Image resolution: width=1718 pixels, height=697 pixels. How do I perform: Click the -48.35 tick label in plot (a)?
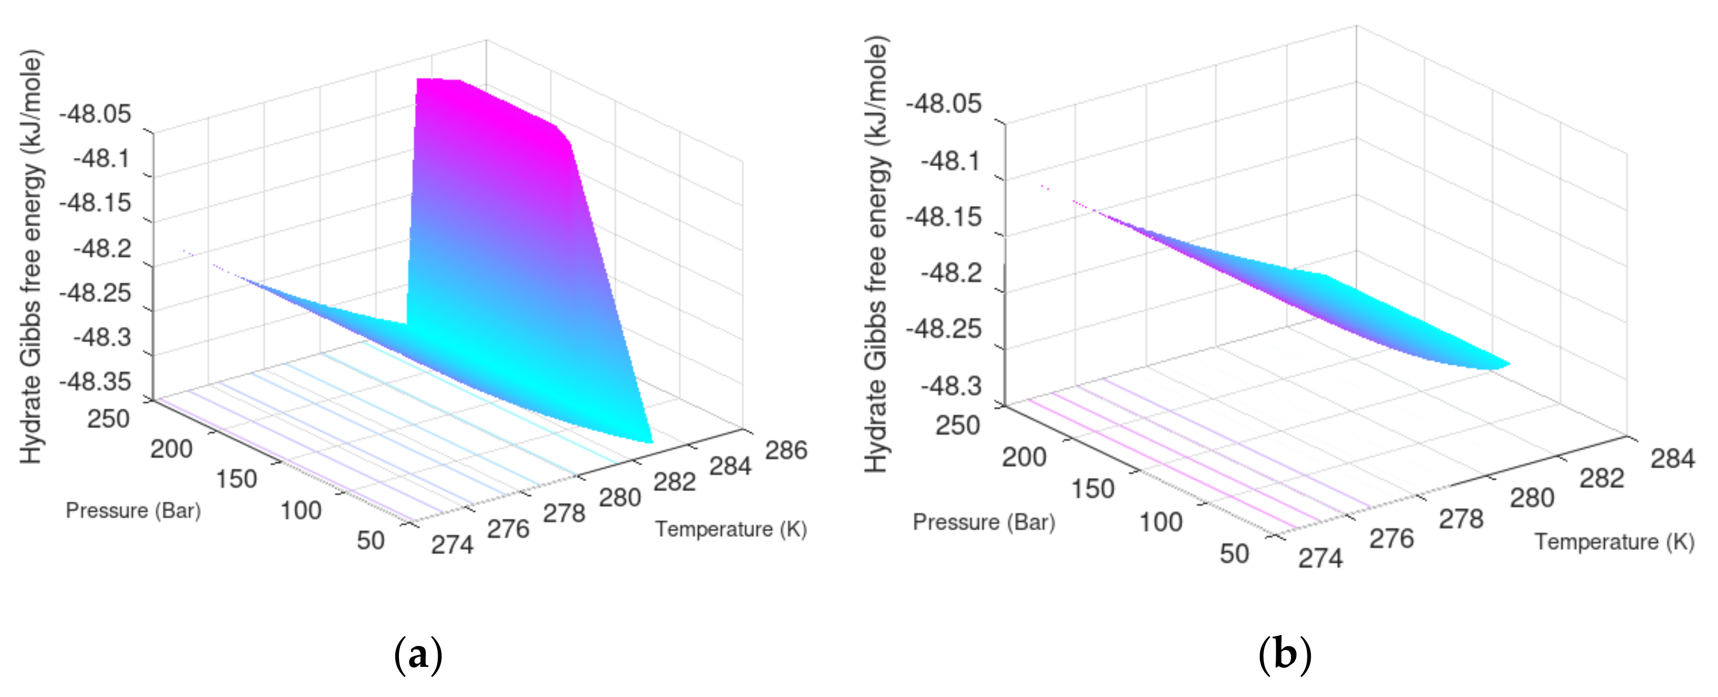point(95,382)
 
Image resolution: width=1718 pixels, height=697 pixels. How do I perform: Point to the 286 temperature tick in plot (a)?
point(786,450)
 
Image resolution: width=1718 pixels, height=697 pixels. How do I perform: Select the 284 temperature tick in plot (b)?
point(1672,458)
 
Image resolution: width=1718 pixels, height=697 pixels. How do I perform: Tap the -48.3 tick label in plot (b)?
point(951,386)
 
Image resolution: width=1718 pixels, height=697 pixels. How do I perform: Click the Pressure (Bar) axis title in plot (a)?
point(133,510)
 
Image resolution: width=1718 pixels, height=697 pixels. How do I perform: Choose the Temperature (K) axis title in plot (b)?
point(1615,542)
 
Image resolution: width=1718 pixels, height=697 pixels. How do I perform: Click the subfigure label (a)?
point(418,655)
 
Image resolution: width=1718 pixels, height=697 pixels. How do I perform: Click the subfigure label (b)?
point(1285,655)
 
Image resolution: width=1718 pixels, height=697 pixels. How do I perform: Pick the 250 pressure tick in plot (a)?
point(108,419)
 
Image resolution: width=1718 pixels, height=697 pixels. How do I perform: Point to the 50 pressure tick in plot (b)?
point(1234,554)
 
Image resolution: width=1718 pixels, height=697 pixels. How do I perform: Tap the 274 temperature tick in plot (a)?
point(452,545)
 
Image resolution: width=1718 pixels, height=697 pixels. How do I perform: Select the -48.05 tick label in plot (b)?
point(943,104)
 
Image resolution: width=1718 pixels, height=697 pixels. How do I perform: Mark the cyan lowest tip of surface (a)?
point(646,439)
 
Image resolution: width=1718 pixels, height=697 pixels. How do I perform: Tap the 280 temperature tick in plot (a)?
point(620,497)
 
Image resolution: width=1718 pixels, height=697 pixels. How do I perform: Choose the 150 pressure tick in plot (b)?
point(1092,489)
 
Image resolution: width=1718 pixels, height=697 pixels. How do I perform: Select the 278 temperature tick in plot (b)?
point(1461,519)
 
